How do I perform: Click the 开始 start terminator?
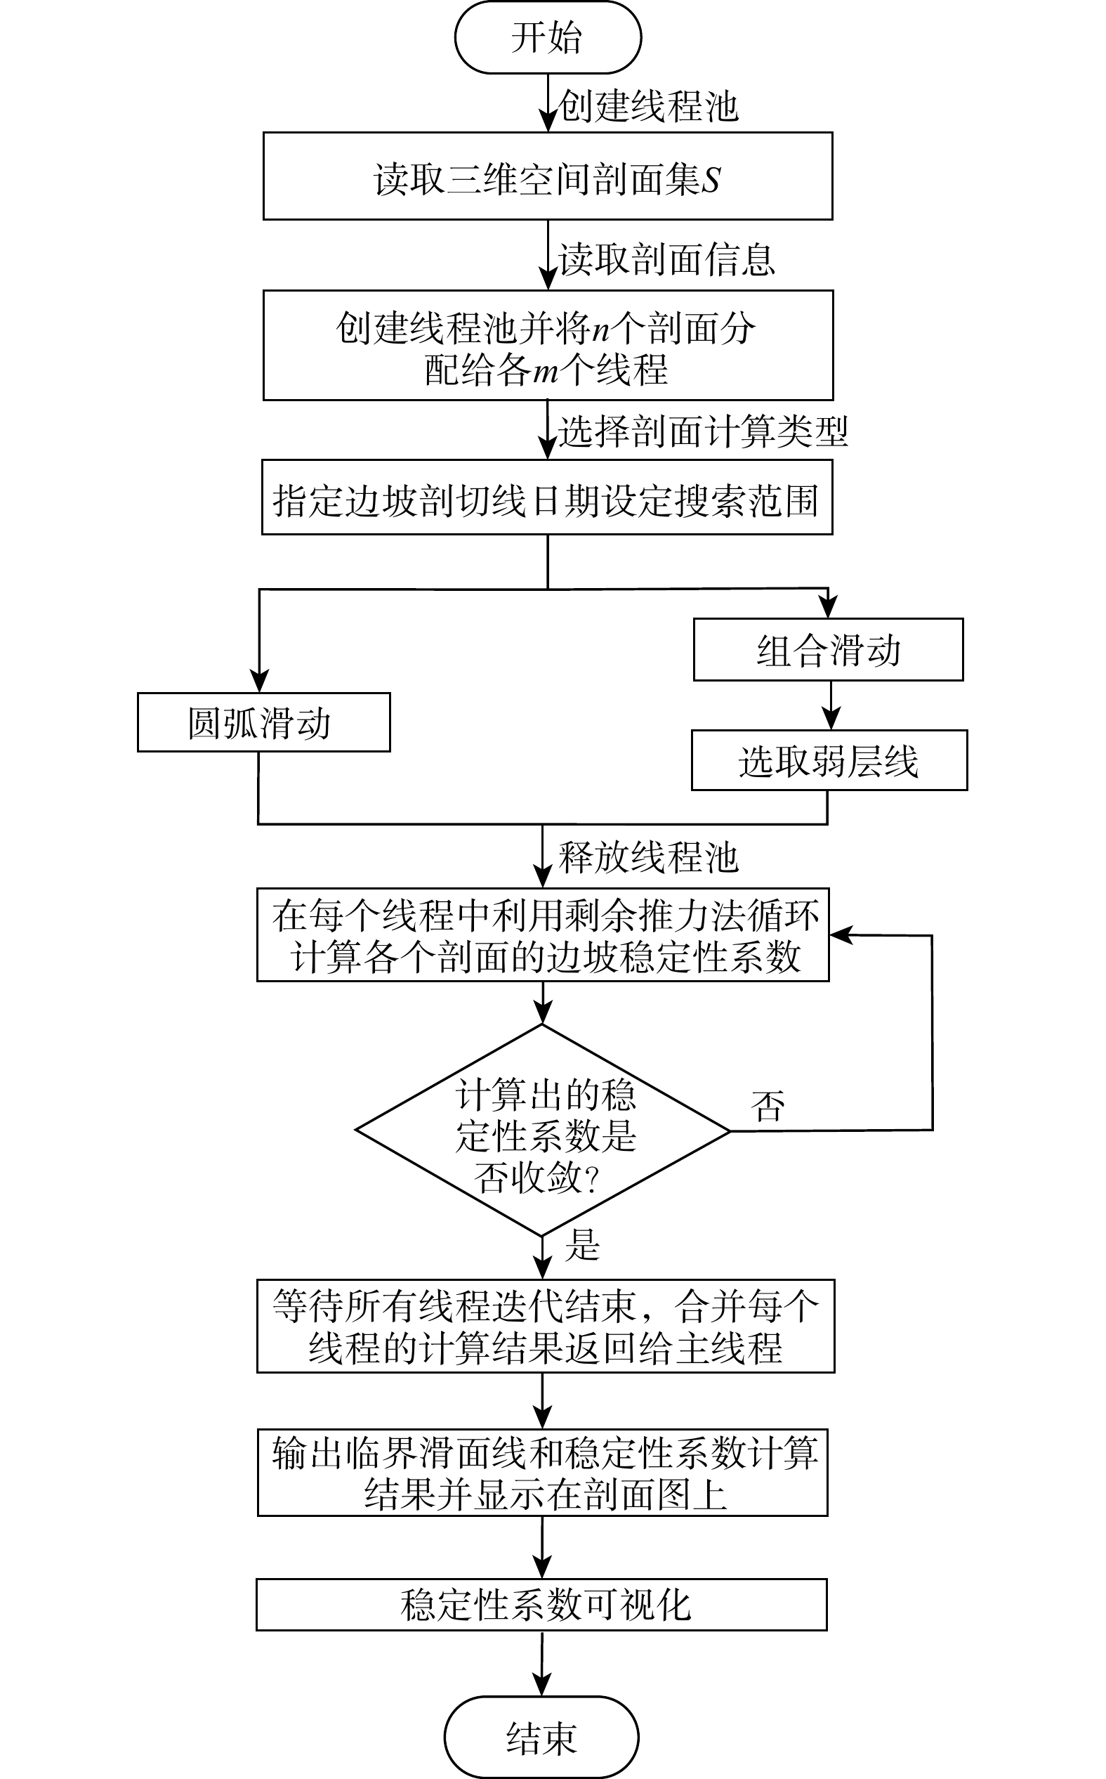[547, 37]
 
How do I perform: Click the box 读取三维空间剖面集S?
[547, 176]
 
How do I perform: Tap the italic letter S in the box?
[711, 180]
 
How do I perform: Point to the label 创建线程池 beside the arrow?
[648, 106]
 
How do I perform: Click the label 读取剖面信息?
[666, 260]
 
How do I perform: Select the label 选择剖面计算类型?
[703, 432]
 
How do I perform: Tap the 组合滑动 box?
[828, 650]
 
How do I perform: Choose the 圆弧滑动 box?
[263, 722]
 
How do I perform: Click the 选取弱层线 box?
[829, 760]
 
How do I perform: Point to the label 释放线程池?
[648, 857]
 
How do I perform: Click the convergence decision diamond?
[543, 1130]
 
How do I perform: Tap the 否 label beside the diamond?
[768, 1106]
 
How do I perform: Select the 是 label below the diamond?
[582, 1245]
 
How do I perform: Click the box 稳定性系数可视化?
[541, 1605]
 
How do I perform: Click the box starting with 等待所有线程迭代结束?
[545, 1326]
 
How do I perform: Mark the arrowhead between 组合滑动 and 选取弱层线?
[830, 719]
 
